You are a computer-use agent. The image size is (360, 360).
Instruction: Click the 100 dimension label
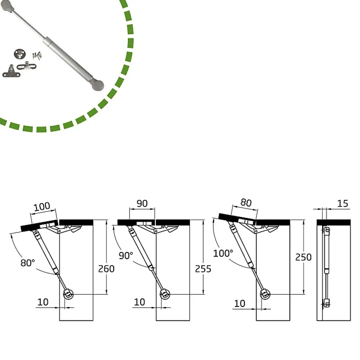42,207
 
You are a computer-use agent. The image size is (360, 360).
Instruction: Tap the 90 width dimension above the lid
142,204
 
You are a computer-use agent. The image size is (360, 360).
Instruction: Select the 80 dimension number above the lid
246,202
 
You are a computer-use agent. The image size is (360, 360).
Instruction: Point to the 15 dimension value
343,204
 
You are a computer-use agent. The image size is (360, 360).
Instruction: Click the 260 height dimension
106,269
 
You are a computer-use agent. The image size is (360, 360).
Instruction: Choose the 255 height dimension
203,269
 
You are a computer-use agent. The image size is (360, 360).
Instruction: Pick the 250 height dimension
304,257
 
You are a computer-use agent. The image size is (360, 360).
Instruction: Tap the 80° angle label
27,263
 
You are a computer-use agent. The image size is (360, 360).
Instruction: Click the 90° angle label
126,255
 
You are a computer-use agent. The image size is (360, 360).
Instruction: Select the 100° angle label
223,253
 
